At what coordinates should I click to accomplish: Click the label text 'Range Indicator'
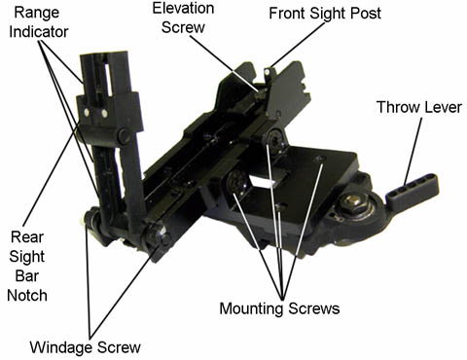coord(39,22)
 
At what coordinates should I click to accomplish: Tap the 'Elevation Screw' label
coord(183,18)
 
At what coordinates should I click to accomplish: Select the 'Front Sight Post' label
coord(325,14)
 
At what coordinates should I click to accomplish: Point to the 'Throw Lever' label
coord(419,107)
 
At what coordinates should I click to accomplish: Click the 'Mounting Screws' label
coord(279,308)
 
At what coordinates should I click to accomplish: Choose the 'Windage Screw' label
coord(86,347)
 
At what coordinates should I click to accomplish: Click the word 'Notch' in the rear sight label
coord(27,296)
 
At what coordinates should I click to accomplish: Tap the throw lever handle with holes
coord(413,191)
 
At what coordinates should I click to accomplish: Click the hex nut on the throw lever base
coord(353,201)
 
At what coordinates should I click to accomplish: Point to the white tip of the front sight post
coord(268,71)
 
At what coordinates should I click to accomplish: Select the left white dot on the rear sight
coord(87,113)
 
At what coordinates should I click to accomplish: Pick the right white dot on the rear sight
coord(104,114)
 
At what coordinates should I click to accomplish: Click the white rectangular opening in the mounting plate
coord(264,180)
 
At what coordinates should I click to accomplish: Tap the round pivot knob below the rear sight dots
coord(124,136)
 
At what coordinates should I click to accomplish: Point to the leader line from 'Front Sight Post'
coord(296,44)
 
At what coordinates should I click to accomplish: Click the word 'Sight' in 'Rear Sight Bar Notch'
coord(27,257)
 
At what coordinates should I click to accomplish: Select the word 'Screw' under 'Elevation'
coord(183,27)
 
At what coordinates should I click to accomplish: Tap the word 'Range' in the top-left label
coord(37,14)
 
